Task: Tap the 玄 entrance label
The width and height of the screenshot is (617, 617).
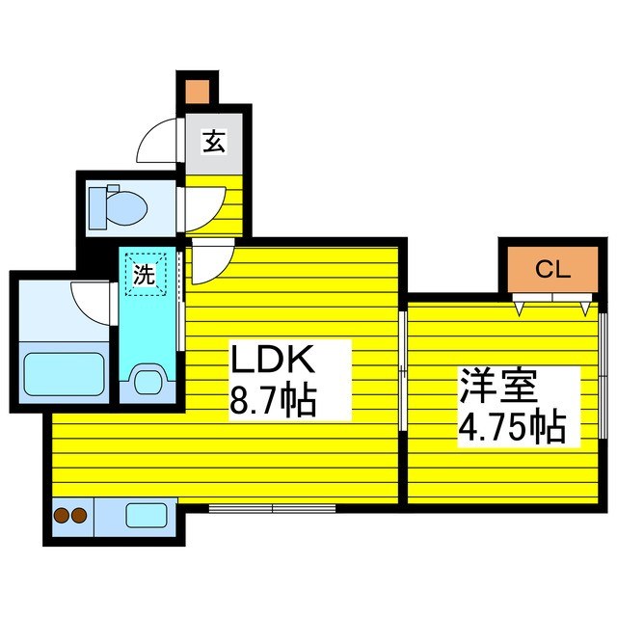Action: (x=213, y=143)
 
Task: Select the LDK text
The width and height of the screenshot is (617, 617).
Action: (x=271, y=362)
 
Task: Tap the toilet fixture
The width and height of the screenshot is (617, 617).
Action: (x=116, y=204)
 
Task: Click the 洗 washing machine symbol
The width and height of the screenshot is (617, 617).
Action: (x=144, y=274)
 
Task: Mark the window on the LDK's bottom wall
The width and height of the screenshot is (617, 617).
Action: (x=272, y=507)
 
